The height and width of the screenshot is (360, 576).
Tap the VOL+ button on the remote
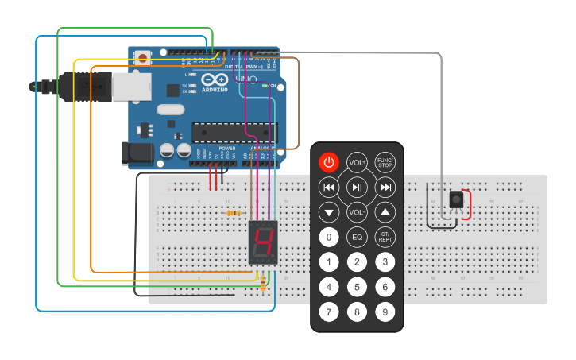[357, 162]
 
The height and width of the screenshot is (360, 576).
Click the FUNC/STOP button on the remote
[385, 162]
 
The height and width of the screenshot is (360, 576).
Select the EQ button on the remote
[357, 237]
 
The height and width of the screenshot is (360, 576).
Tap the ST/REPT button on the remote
[385, 237]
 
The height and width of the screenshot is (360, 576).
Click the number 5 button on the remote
[357, 287]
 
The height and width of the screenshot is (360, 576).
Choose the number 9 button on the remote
[385, 312]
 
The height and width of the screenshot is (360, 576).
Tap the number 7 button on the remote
[329, 312]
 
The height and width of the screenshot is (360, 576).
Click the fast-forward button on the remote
[385, 188]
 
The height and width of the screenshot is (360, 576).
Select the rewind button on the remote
[329, 188]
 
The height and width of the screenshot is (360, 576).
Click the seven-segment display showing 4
[264, 243]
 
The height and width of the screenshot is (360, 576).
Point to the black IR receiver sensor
[456, 199]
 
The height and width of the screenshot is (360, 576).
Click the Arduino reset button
[144, 58]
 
